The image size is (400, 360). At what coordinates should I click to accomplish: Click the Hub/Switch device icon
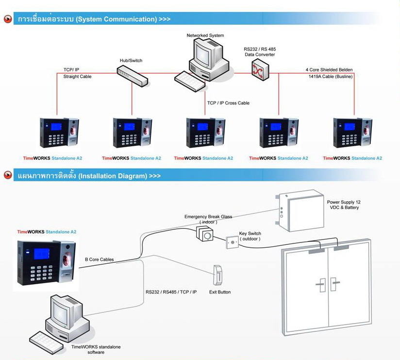tap(132, 75)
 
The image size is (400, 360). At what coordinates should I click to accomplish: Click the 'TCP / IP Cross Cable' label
tap(228, 103)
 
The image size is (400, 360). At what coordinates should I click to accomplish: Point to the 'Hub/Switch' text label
tap(131, 61)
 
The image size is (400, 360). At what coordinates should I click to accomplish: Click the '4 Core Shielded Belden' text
tap(329, 70)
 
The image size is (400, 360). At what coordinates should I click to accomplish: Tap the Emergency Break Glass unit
tap(205, 234)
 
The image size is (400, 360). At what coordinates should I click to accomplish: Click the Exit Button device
tap(218, 276)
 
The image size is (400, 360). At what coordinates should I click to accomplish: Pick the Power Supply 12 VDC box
tap(300, 212)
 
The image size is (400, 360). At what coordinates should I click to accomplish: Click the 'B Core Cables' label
tap(100, 259)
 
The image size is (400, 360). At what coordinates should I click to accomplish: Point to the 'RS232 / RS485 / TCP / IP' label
tap(171, 292)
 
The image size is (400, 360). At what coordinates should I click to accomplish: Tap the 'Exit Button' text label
tap(220, 292)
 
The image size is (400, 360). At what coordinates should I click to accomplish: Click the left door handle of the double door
tap(320, 284)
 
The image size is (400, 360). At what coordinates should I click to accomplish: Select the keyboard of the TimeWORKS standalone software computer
tap(47, 342)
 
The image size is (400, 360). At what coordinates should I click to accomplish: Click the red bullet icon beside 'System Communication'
tap(8, 19)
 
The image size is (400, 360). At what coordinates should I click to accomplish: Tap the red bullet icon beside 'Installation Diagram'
tap(8, 175)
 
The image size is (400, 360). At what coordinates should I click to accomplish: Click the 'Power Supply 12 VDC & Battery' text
tap(344, 205)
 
